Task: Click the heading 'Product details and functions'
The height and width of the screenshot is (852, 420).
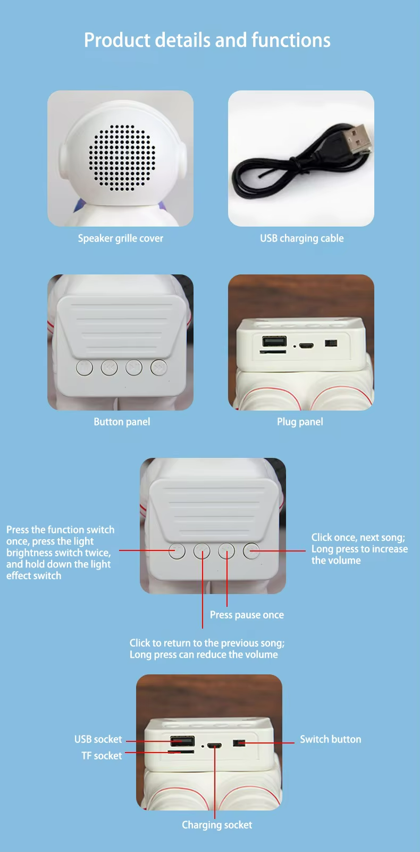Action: point(207,40)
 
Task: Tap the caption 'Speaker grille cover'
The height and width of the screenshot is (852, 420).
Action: point(121,238)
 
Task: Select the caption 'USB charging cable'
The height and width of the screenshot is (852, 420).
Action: point(302,238)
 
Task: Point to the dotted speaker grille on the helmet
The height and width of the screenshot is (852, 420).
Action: point(122,157)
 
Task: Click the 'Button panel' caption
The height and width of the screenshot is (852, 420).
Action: point(122,422)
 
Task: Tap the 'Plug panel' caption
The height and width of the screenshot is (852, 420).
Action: point(300,422)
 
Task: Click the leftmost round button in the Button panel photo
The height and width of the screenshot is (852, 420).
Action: point(85,368)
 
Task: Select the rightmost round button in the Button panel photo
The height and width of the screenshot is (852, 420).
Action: point(158,368)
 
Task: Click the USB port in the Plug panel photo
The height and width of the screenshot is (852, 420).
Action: point(274,341)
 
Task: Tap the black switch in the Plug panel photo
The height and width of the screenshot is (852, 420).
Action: point(331,344)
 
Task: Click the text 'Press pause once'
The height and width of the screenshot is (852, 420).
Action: point(247,615)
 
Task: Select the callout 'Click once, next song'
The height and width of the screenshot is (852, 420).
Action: point(358,538)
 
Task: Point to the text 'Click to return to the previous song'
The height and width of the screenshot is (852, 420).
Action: point(207,643)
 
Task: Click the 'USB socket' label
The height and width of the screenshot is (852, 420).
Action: point(98,739)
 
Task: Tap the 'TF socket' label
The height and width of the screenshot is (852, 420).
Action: point(102,755)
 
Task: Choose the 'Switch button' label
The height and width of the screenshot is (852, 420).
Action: point(331,739)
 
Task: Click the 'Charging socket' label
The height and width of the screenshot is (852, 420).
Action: point(217,825)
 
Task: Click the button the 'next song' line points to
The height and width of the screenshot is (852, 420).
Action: point(251,551)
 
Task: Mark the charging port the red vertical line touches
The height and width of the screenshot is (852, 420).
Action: point(215,745)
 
